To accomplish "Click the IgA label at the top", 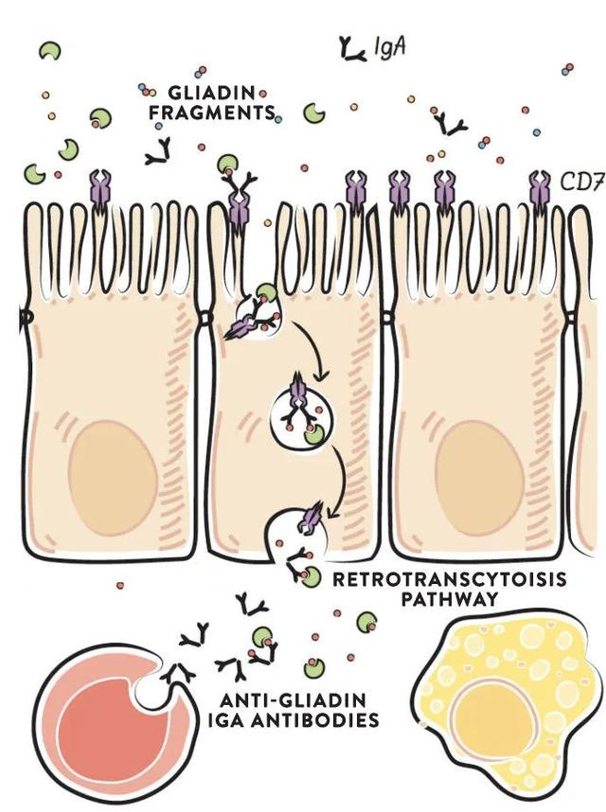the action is [x=389, y=48].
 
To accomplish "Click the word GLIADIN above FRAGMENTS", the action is [x=211, y=93].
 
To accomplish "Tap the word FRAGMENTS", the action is [x=212, y=113].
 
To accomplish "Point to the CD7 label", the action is [x=582, y=183].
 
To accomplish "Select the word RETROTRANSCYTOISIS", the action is [x=449, y=579].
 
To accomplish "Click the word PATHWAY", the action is [x=450, y=599].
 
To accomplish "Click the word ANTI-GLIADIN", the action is [x=294, y=700].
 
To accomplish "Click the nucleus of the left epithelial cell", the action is [x=112, y=477].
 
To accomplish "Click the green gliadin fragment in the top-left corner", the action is [x=50, y=50].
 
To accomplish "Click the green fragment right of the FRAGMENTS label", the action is [x=313, y=113].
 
